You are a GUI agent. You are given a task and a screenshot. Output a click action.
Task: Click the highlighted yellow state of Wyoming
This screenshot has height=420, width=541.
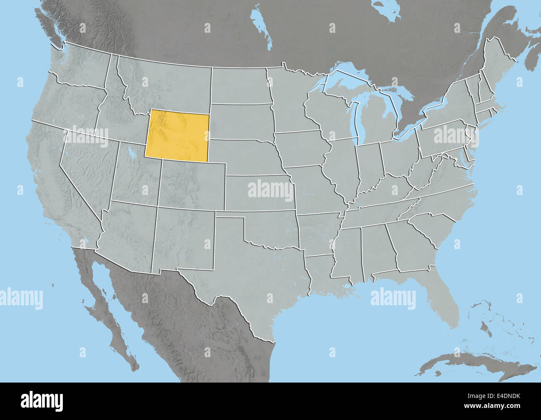[x=176, y=135]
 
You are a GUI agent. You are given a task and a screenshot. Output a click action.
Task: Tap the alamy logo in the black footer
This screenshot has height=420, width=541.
[x=42, y=401]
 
